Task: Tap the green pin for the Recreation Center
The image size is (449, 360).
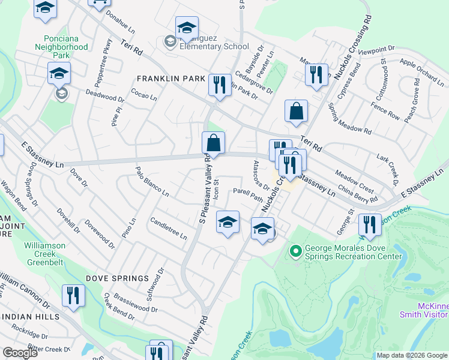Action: [295, 251]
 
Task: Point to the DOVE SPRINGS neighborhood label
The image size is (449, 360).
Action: [117, 278]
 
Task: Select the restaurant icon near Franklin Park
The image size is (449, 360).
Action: [220, 84]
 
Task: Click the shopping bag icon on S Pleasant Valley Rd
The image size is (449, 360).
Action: [213, 144]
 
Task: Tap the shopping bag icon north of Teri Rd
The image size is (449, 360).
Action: [297, 112]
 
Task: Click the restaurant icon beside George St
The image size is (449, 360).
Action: [370, 226]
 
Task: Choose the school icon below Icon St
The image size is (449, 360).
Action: [228, 223]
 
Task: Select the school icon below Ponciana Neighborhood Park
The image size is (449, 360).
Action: [59, 74]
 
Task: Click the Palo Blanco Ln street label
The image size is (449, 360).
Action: [152, 181]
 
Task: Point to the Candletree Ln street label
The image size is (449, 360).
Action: [169, 228]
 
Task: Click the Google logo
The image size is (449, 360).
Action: [20, 353]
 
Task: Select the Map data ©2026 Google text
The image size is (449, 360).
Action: [411, 355]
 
